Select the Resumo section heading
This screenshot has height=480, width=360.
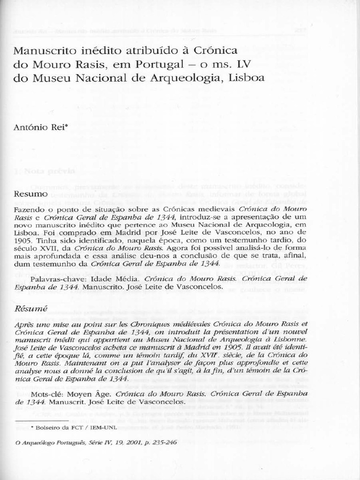30,194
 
